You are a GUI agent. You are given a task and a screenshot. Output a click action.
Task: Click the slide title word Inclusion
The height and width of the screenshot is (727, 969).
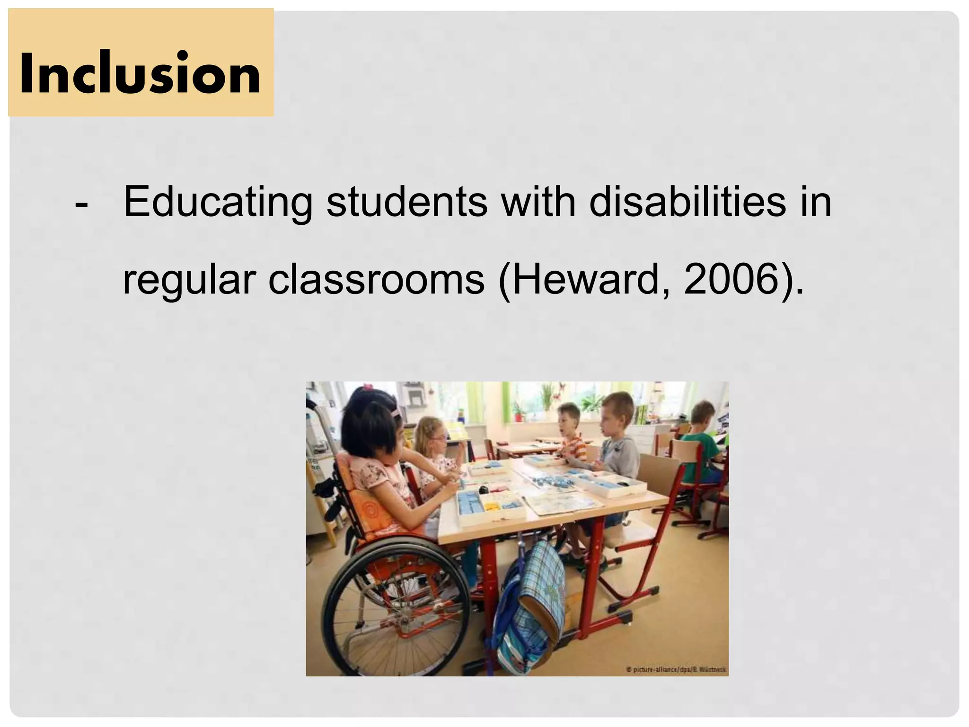(140, 73)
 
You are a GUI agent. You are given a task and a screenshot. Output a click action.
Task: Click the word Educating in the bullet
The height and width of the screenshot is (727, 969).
(218, 202)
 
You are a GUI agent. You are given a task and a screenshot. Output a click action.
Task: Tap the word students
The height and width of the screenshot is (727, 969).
(406, 202)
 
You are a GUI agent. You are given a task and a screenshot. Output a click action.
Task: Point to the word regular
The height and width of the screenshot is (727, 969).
(189, 280)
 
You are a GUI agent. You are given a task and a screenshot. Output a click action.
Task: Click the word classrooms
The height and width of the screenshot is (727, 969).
(376, 280)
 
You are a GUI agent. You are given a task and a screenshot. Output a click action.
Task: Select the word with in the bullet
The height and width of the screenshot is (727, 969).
(538, 202)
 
